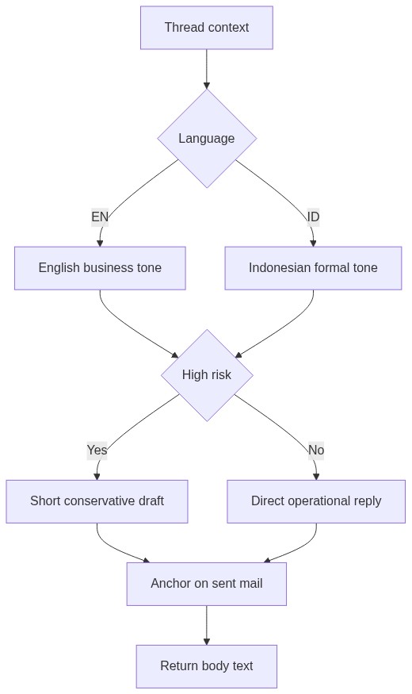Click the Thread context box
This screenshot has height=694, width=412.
point(207,28)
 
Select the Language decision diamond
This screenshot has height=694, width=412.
point(207,139)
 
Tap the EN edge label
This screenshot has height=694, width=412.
point(100,217)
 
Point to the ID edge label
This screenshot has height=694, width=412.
point(313,217)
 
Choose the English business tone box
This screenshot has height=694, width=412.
point(100,268)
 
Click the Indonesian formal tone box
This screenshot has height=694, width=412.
point(313,268)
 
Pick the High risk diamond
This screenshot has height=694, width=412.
point(207,375)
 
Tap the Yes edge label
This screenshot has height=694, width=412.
point(97,451)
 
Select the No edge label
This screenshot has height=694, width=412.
point(316,451)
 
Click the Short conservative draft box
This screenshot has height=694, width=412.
point(97,501)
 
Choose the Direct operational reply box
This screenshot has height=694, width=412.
point(316,501)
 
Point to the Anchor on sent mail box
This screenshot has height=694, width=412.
point(207,584)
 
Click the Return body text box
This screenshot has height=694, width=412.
point(207,666)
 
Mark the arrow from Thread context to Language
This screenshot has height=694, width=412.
point(207,69)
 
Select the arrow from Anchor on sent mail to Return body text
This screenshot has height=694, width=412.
point(207,625)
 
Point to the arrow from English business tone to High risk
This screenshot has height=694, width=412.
point(128,331)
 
